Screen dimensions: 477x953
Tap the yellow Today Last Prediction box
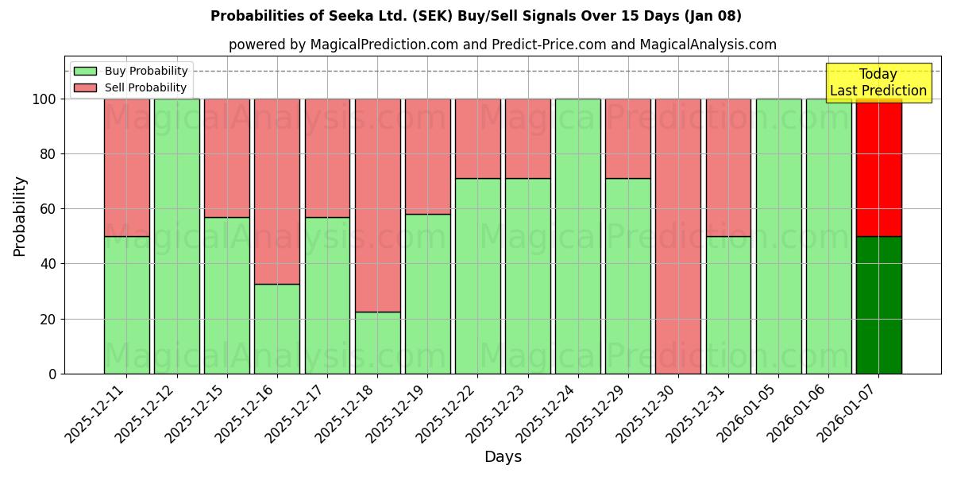[x=878, y=83]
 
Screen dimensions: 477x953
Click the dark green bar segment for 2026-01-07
[x=878, y=304]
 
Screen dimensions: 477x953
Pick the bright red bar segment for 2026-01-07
[x=878, y=168]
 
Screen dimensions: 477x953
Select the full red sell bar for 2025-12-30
[x=678, y=236]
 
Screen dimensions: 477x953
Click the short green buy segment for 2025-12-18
[x=377, y=343]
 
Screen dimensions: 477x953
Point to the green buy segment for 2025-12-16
[x=277, y=328]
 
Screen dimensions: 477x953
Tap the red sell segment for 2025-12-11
[x=127, y=168]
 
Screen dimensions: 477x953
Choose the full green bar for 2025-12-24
[x=578, y=236]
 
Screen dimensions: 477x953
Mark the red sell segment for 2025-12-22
[x=477, y=138]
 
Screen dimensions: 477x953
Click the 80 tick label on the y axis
[x=48, y=154]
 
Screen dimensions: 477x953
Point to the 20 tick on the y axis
[x=48, y=319]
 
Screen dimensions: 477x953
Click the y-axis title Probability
[x=20, y=216]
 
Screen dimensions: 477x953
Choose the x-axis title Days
[x=503, y=457]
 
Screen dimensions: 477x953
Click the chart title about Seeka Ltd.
[x=476, y=16]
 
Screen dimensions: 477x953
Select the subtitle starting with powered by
[x=502, y=45]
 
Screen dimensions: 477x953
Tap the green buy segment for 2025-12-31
[x=728, y=304]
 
